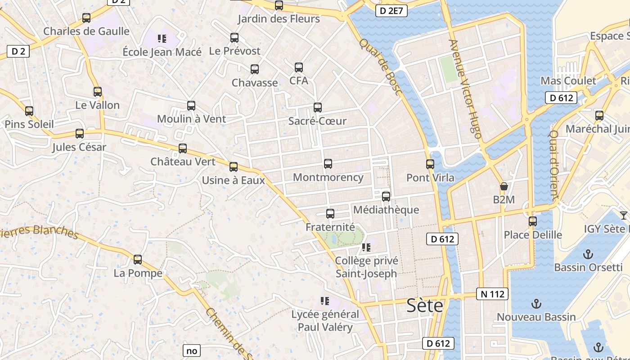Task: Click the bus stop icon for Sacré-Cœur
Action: tap(318, 108)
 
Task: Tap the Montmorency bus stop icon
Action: tap(328, 164)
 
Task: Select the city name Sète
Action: tap(424, 306)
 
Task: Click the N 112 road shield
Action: tap(492, 294)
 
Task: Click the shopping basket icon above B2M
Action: tap(504, 186)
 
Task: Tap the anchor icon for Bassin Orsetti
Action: tap(588, 255)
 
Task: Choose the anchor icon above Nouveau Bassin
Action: tap(536, 304)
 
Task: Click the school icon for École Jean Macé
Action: tap(162, 39)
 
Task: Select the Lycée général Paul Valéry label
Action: tap(325, 320)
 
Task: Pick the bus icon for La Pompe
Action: tap(138, 260)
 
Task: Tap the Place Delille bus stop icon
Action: tap(533, 221)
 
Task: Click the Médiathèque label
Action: tap(386, 210)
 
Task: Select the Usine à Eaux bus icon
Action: tap(233, 167)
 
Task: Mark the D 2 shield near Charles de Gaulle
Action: tap(18, 51)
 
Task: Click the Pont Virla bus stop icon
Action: tap(430, 164)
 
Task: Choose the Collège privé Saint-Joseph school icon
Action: tap(366, 247)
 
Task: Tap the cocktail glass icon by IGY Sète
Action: tap(624, 216)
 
